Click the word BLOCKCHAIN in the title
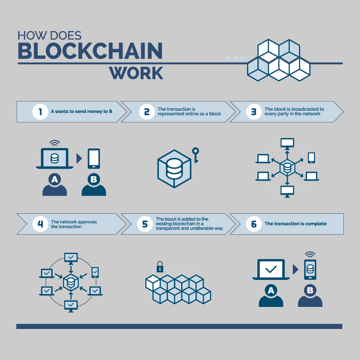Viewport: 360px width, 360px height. tap(90, 51)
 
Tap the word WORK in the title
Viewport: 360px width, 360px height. tap(136, 73)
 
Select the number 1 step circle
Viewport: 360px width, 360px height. tap(40, 112)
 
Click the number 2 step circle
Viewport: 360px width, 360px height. tap(147, 112)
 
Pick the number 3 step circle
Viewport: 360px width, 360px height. tap(254, 112)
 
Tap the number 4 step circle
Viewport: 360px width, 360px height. tap(40, 224)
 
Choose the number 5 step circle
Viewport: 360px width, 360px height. tap(145, 224)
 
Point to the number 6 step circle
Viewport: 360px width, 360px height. tap(254, 224)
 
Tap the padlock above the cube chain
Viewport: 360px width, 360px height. tap(160, 267)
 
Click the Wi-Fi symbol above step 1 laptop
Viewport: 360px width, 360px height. tap(54, 143)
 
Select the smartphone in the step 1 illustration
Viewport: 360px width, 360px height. tap(94, 159)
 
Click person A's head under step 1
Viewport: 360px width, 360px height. tap(54, 179)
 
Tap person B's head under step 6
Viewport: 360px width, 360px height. tap(310, 290)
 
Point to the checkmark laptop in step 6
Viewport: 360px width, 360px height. tap(271, 270)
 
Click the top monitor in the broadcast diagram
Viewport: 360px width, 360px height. tap(287, 143)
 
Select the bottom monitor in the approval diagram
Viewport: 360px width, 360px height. tap(71, 306)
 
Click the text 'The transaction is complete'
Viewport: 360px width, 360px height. tap(296, 224)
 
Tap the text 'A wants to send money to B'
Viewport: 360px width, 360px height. tap(81, 111)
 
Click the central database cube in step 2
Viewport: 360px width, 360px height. tap(174, 169)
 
